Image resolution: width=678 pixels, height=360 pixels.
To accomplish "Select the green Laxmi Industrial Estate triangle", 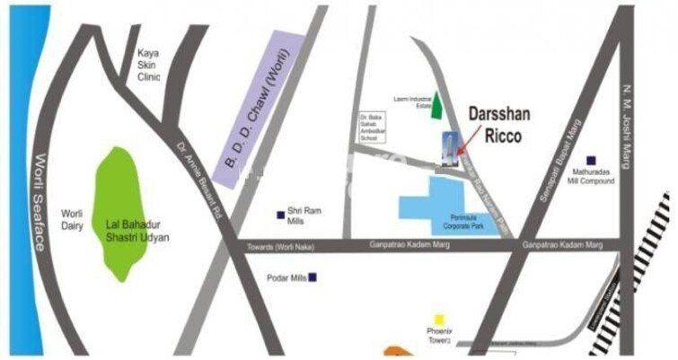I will click(x=436, y=107).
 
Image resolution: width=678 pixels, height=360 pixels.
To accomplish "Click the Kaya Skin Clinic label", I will click(x=148, y=66).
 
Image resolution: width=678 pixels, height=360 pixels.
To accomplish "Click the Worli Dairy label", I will click(x=72, y=220).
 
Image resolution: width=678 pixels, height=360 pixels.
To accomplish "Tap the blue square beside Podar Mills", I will click(x=313, y=277).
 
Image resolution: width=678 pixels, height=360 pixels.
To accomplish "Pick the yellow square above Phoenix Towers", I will click(x=439, y=319).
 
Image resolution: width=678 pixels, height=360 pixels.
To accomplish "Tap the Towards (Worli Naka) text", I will click(x=280, y=246).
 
